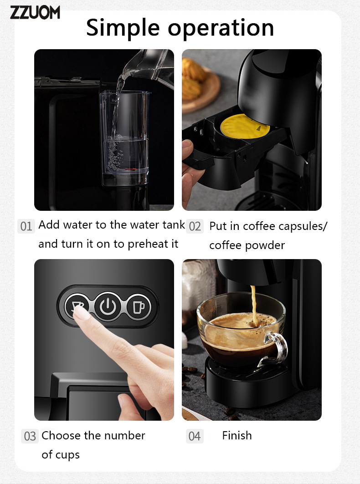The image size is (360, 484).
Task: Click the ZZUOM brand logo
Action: click(x=35, y=12)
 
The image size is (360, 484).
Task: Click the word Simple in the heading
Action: click(x=123, y=28)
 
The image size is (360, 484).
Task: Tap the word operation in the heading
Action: click(x=221, y=28)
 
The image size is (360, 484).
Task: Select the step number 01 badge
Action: click(x=26, y=226)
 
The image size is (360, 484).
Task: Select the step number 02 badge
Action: click(x=195, y=226)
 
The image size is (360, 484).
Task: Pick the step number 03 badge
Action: click(x=30, y=436)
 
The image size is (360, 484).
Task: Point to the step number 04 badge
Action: click(x=195, y=436)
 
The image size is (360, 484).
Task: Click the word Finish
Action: click(x=237, y=436)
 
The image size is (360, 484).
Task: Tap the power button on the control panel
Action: click(x=108, y=306)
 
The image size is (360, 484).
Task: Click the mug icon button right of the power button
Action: click(x=139, y=307)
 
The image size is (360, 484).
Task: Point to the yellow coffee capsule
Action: click(x=244, y=127)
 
